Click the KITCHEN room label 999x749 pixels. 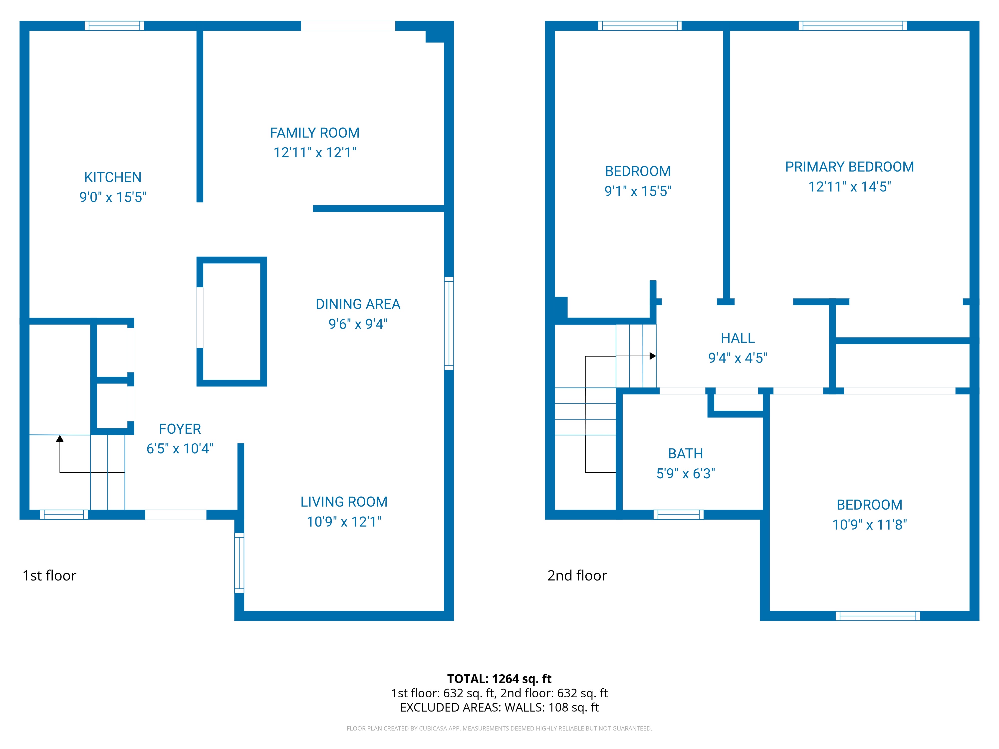[x=113, y=177]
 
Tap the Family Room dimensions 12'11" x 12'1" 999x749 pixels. [x=315, y=153]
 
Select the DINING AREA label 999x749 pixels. [x=358, y=304]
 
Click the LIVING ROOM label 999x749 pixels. [x=344, y=502]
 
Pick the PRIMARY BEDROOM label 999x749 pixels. [x=849, y=167]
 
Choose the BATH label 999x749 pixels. [x=686, y=453]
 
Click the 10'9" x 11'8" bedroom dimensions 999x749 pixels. [x=869, y=525]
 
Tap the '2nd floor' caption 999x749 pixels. [x=577, y=576]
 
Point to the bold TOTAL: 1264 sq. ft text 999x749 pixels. [x=499, y=679]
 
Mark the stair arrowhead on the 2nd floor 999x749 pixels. [x=653, y=356]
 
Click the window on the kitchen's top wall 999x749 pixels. [x=114, y=26]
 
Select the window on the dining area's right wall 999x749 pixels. [x=449, y=323]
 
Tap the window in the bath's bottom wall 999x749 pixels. [x=678, y=515]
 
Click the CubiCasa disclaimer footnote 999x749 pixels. [x=499, y=728]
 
